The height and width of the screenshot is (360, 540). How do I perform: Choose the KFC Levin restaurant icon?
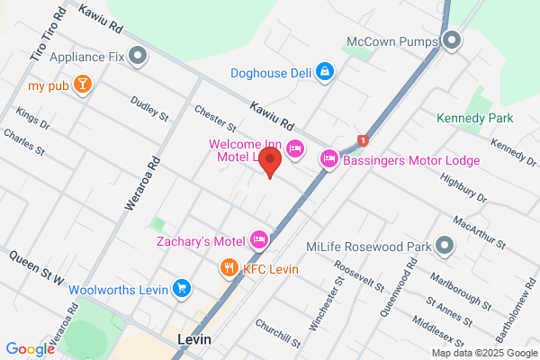tap(229, 268)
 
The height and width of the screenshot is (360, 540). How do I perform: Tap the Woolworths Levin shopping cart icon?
tap(182, 289)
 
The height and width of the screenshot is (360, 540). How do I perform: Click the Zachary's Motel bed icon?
tap(258, 239)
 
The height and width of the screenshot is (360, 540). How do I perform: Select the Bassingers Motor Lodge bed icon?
tap(329, 160)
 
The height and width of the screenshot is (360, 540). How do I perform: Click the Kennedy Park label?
tap(474, 118)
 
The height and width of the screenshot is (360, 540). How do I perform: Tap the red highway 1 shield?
tap(363, 139)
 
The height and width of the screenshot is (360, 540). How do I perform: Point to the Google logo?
tap(30, 349)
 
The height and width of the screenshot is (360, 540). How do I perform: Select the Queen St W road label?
tap(35, 268)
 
